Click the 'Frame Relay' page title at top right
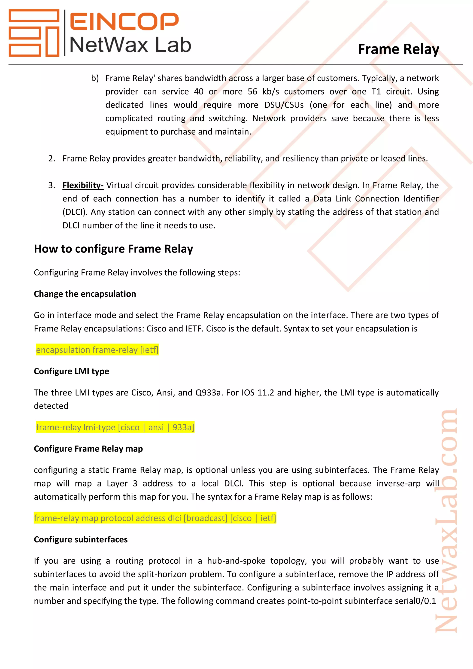pyautogui.click(x=398, y=49)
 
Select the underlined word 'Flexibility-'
pyautogui.click(x=83, y=185)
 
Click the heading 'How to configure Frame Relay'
pyautogui.click(x=113, y=249)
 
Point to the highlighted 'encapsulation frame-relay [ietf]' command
pyautogui.click(x=97, y=350)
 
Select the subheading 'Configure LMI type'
pyautogui.click(x=71, y=371)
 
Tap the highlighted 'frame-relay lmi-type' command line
pyautogui.click(x=115, y=427)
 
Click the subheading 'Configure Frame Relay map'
pyautogui.click(x=88, y=449)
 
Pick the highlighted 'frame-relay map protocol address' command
pyautogui.click(x=155, y=518)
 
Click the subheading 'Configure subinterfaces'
pyautogui.click(x=81, y=540)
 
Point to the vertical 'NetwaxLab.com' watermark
pyautogui.click(x=446, y=522)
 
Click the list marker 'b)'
pyautogui.click(x=95, y=78)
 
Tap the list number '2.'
pyautogui.click(x=52, y=158)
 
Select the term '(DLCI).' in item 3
pyautogui.click(x=75, y=212)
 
